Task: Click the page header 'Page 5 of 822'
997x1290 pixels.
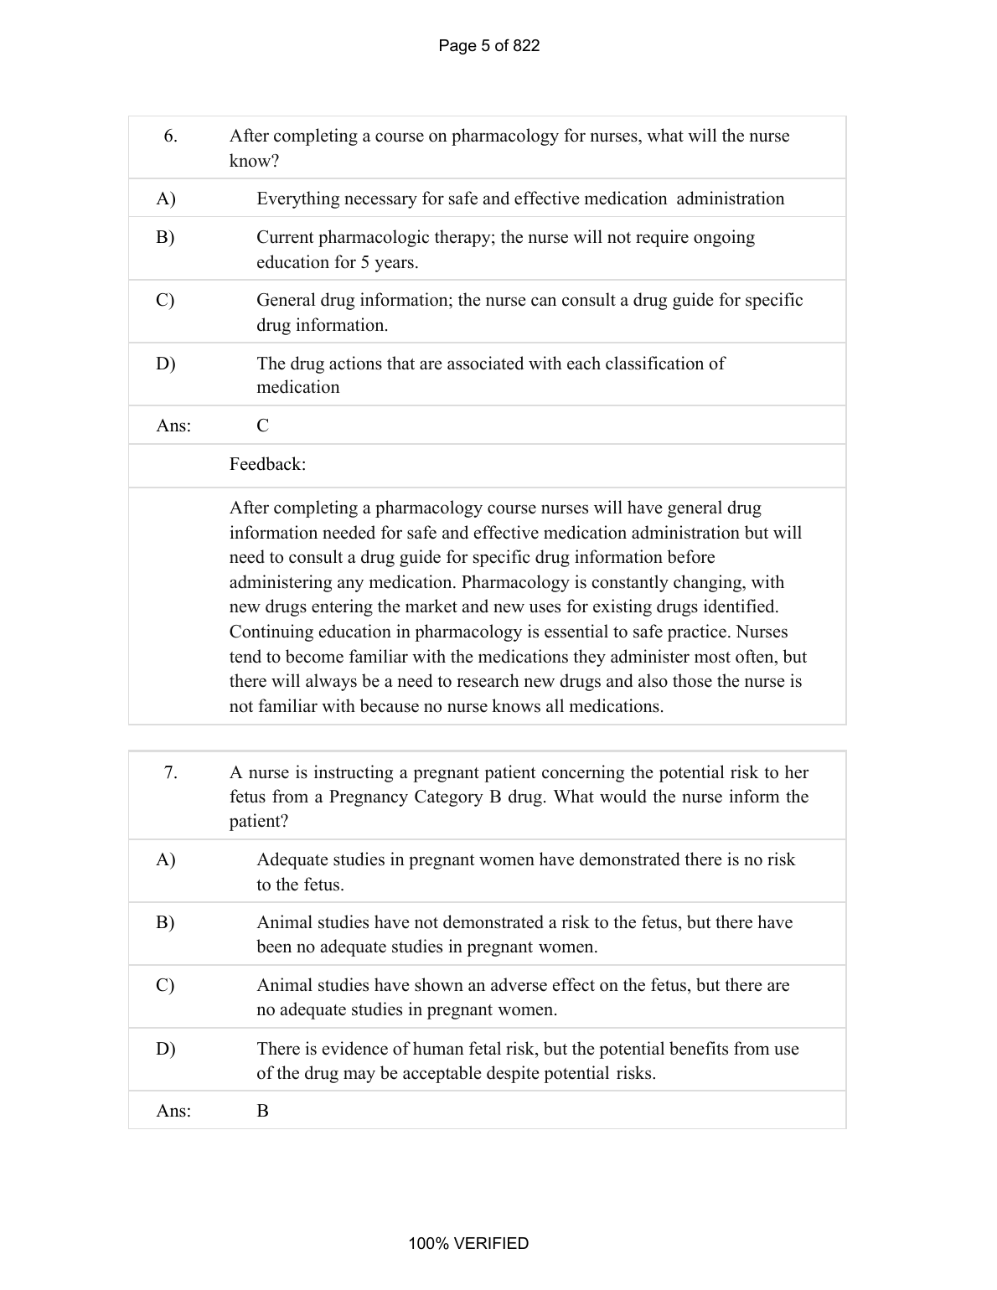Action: (x=488, y=46)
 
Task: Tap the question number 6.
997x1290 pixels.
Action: (x=170, y=136)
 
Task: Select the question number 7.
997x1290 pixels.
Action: (x=170, y=772)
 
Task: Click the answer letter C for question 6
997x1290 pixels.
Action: (x=263, y=426)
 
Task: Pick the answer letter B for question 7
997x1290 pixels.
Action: (x=263, y=1111)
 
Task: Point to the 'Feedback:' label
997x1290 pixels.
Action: (x=267, y=464)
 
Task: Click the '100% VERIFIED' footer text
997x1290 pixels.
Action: (x=468, y=1243)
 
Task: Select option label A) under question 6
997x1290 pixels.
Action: (x=166, y=199)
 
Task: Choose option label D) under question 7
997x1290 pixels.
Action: (x=166, y=1049)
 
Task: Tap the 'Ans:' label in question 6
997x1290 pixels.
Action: (x=173, y=426)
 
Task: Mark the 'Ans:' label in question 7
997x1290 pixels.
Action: (x=173, y=1111)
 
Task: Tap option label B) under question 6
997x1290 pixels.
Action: (x=166, y=237)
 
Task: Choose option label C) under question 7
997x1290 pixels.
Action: (x=166, y=985)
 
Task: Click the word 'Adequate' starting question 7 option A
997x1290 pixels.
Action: (x=290, y=859)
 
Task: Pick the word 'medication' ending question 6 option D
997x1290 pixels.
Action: (x=298, y=387)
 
